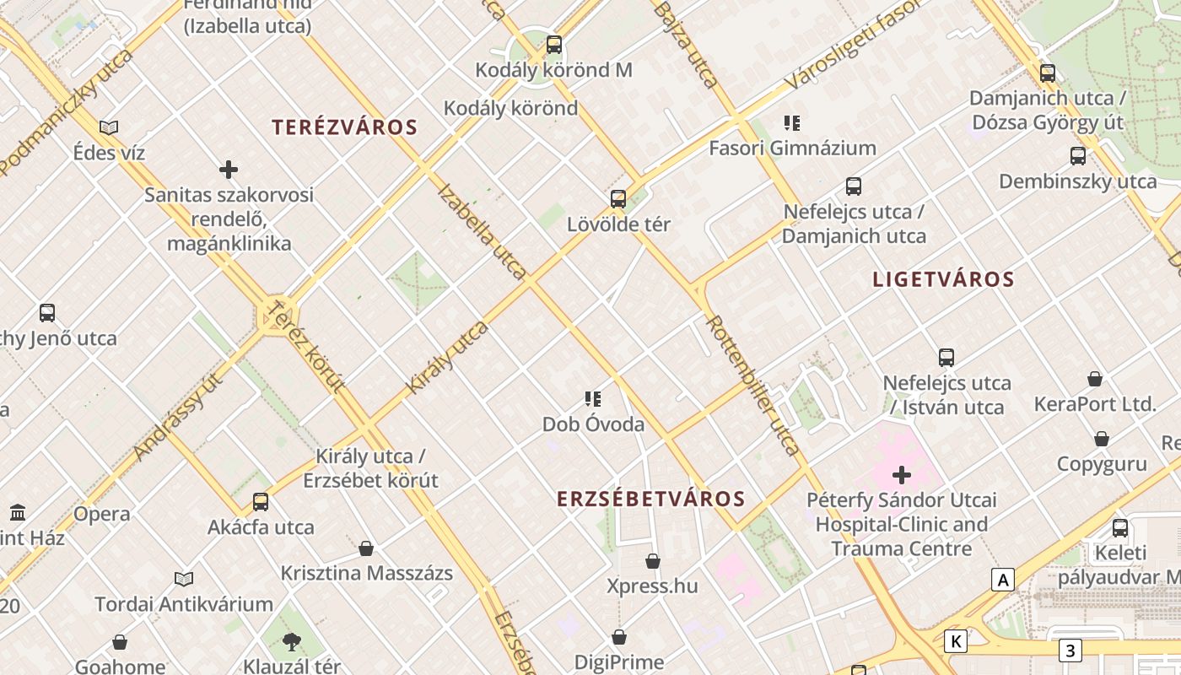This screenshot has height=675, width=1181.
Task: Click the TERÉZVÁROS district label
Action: [x=344, y=127]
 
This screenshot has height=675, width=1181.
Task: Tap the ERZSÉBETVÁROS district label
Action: [x=650, y=499]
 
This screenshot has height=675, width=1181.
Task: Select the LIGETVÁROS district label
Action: [x=943, y=279]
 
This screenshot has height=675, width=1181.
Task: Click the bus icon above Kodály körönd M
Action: [x=554, y=45]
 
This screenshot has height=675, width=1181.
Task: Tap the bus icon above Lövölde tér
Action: [x=618, y=199]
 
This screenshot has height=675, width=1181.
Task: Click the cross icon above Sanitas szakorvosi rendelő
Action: [x=229, y=170]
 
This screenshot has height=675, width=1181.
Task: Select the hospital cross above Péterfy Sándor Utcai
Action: [x=902, y=475]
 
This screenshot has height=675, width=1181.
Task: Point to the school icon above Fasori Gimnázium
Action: [x=791, y=123]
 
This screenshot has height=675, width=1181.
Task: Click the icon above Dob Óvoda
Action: [x=593, y=399]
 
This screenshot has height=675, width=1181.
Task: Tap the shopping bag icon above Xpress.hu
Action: [x=652, y=561]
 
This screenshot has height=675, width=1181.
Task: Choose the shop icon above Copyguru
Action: [x=1101, y=439]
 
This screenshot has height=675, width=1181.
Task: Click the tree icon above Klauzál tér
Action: [x=292, y=642]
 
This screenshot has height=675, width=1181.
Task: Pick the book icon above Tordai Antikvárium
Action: [x=184, y=579]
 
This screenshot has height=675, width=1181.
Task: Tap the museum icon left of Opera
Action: [x=18, y=512]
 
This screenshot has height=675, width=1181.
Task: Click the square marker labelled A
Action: [x=1002, y=580]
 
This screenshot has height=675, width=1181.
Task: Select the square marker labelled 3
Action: [x=1070, y=651]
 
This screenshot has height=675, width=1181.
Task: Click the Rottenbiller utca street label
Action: [x=752, y=385]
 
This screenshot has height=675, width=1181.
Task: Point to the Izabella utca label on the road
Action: [x=483, y=231]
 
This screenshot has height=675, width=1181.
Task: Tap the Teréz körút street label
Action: [x=306, y=347]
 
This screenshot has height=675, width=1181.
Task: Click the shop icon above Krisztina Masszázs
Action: [x=366, y=548]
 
